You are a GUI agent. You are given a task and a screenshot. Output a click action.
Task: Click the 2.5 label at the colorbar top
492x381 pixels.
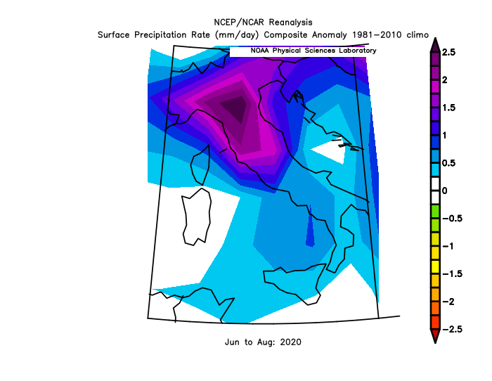448,53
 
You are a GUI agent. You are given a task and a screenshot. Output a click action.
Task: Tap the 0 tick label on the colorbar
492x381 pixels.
444,190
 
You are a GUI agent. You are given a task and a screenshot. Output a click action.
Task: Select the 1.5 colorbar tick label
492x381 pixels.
448,108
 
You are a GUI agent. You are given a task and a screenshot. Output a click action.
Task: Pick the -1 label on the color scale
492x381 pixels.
448,246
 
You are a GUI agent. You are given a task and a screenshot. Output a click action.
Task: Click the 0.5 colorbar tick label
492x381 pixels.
448,163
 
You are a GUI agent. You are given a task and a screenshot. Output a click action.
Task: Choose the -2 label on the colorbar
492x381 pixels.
448,301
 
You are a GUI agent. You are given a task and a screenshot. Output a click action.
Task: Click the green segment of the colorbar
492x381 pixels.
434,211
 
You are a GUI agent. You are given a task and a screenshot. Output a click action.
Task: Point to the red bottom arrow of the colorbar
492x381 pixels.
434,336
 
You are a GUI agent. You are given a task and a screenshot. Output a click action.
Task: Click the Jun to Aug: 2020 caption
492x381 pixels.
264,342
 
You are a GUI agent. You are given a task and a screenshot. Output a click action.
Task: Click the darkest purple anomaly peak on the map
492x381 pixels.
233,109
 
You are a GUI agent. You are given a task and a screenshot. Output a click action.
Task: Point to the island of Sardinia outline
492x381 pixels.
196,219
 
